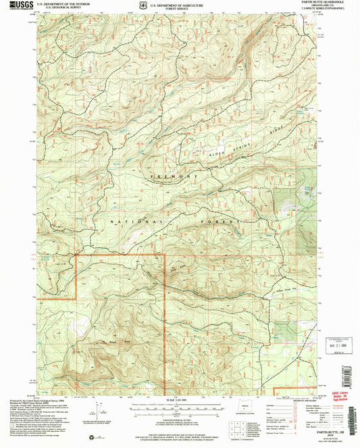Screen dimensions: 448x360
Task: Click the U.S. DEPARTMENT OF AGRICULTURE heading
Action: click(x=177, y=3)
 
